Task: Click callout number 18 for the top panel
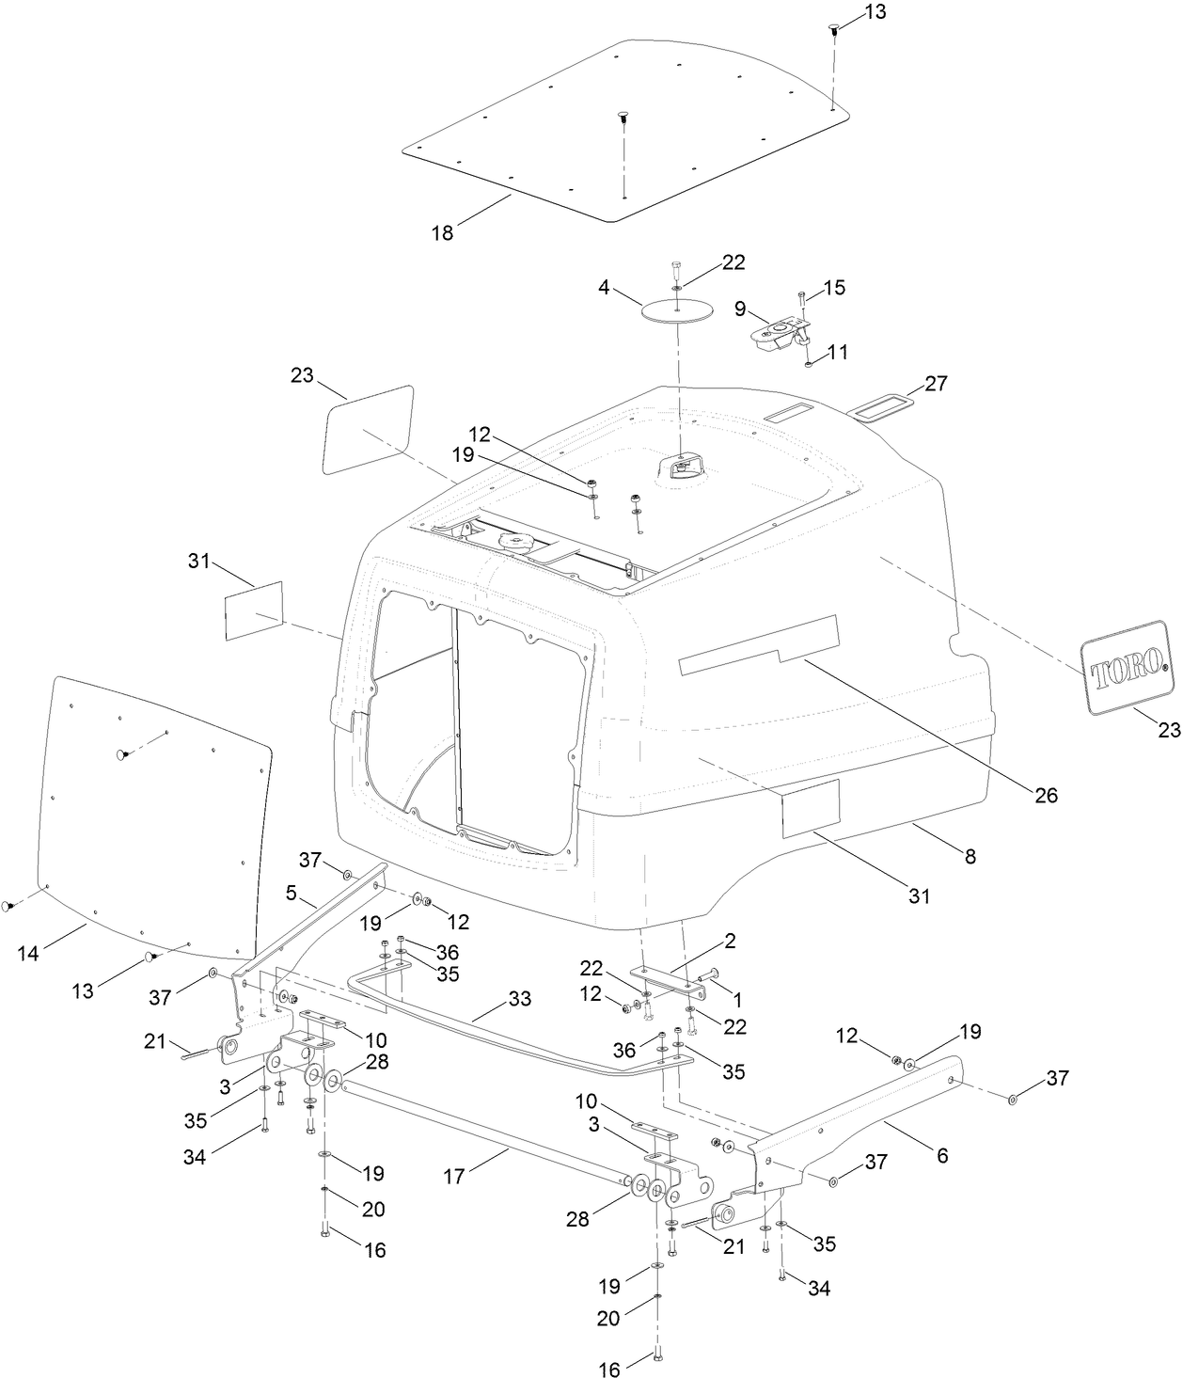[442, 233]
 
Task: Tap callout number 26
[1046, 795]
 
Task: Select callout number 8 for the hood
[970, 856]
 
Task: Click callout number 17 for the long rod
[454, 1177]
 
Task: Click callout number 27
[936, 384]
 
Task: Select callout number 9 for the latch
[740, 308]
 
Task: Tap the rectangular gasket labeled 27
[882, 405]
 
